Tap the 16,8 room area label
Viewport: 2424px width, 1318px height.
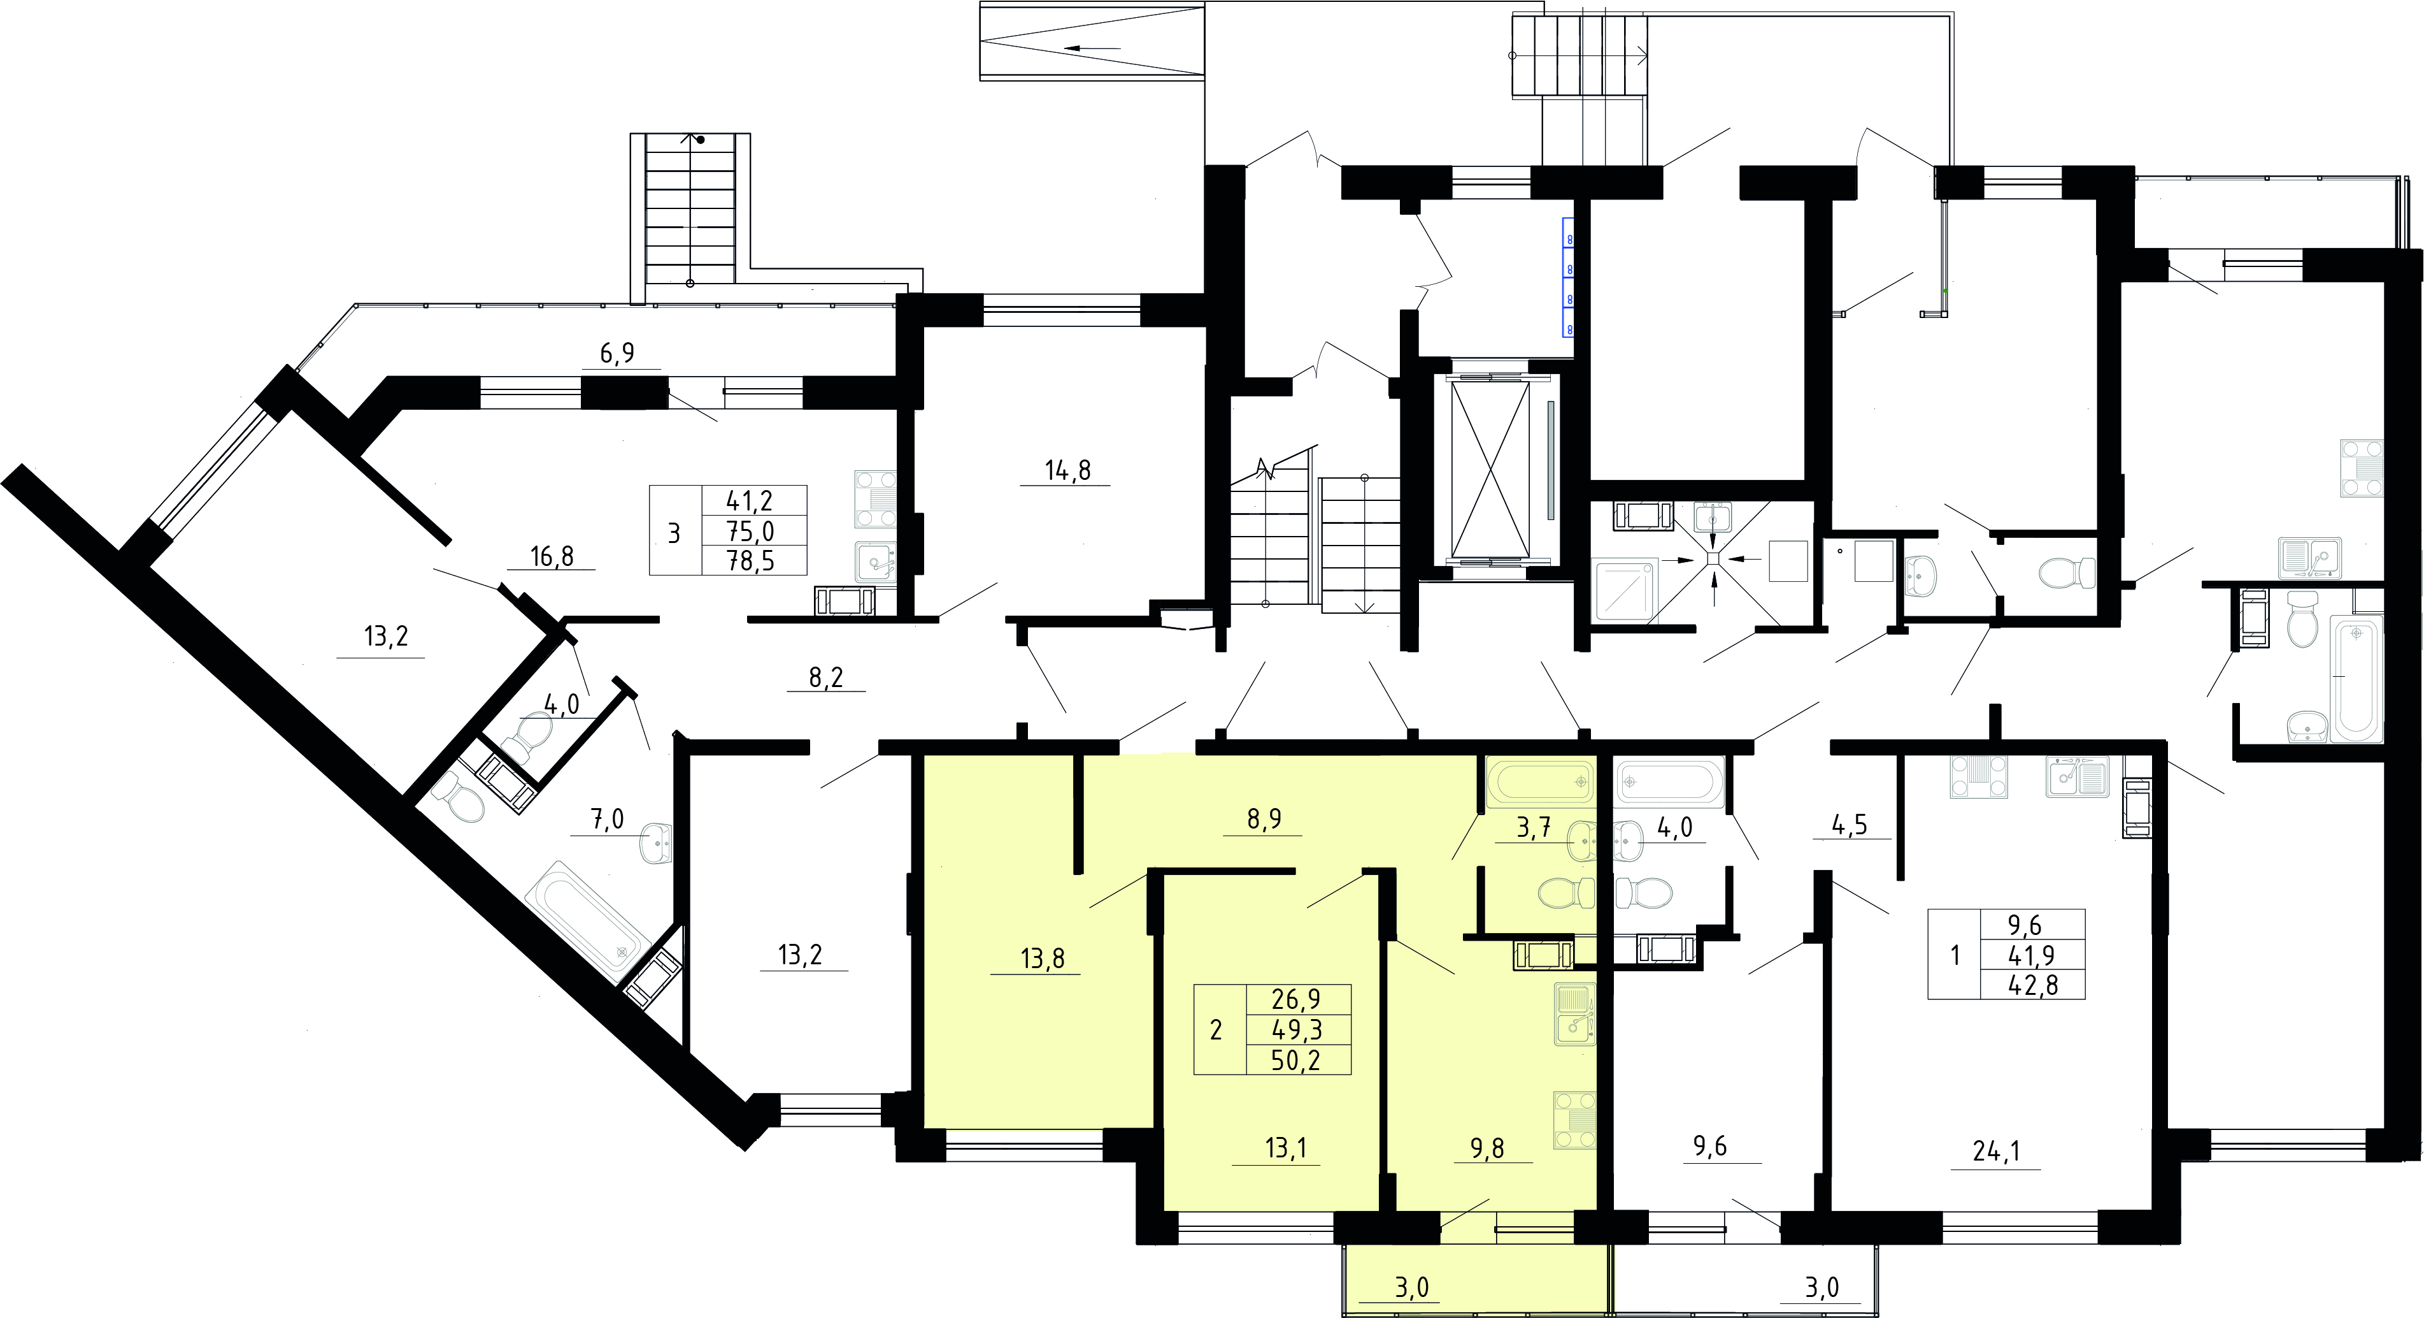[552, 556]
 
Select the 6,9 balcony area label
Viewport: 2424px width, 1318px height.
[617, 353]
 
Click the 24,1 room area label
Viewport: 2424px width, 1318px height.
[1997, 1150]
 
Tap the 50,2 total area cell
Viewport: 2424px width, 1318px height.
[1295, 1060]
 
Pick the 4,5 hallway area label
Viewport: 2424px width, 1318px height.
[1849, 825]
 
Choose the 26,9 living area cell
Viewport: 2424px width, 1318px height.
[1295, 999]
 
